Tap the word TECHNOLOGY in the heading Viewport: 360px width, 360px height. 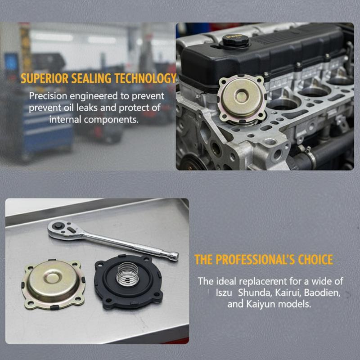point(145,78)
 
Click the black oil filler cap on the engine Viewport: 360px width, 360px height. point(235,40)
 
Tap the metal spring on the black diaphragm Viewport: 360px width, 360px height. point(127,274)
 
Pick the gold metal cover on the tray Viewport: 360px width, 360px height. point(53,284)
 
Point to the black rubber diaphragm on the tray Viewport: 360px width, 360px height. point(128,282)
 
